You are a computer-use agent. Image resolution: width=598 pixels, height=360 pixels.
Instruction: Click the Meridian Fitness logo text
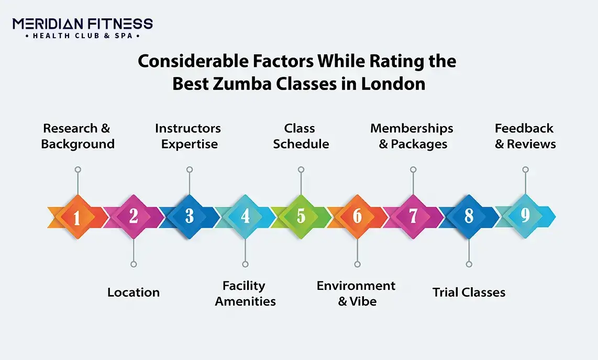coord(83,24)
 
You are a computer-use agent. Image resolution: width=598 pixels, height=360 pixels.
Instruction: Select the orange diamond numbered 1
coord(77,217)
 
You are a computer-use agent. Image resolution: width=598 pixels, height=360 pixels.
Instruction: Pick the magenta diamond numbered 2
coord(134,217)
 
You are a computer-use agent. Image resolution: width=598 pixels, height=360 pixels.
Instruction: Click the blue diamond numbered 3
coord(190,217)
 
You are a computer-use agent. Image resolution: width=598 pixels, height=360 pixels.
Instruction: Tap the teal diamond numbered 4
coord(245,217)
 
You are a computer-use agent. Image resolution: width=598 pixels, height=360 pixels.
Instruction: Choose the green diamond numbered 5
coord(301,217)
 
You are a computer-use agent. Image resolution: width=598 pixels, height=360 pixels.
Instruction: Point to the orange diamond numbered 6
coord(357,217)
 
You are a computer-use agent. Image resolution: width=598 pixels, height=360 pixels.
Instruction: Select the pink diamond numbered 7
coord(413,217)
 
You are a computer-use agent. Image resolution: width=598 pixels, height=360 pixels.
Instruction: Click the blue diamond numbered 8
coord(469,217)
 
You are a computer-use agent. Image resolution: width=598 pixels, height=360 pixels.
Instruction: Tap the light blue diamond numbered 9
coord(525,217)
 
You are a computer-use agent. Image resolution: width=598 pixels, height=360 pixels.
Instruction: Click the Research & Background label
coord(77,136)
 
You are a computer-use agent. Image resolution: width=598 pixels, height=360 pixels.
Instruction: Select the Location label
coord(134,292)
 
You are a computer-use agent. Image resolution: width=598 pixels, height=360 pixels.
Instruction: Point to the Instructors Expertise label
coord(189,136)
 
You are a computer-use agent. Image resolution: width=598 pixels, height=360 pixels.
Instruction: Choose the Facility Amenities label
coord(245,294)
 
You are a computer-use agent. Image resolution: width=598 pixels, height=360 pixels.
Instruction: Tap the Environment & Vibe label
coord(356,294)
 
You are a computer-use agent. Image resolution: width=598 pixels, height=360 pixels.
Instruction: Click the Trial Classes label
coord(469,292)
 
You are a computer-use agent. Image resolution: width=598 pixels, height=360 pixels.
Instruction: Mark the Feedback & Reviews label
coord(525,136)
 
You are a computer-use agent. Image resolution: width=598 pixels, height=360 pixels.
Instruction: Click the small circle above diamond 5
coord(301,170)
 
